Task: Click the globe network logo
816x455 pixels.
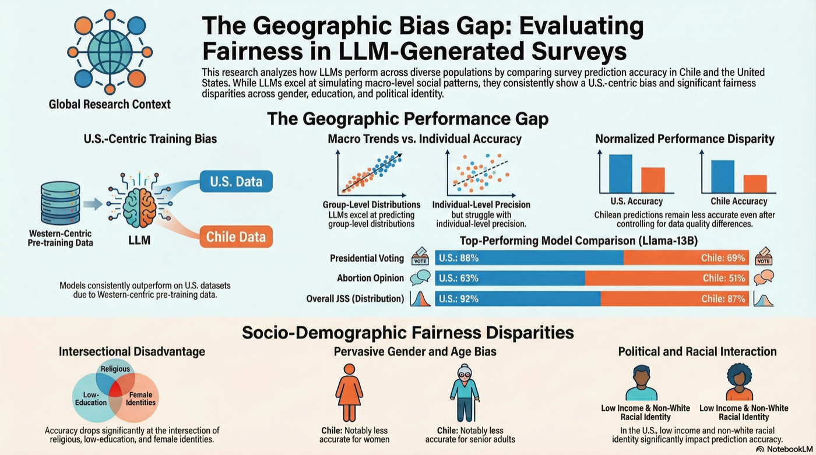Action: point(110,51)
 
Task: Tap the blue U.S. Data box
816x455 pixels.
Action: point(235,182)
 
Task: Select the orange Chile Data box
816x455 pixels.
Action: point(235,237)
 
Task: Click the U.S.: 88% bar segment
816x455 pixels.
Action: point(529,258)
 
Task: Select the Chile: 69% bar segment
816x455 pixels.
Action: point(685,258)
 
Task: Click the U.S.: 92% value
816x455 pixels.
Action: point(458,299)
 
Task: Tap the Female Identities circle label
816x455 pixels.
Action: point(141,398)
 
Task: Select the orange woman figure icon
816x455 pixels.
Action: point(350,392)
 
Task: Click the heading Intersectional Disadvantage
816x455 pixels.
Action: point(132,352)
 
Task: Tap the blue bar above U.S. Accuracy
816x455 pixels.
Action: point(620,174)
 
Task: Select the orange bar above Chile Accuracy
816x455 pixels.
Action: point(755,184)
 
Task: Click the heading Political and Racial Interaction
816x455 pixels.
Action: point(697,352)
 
